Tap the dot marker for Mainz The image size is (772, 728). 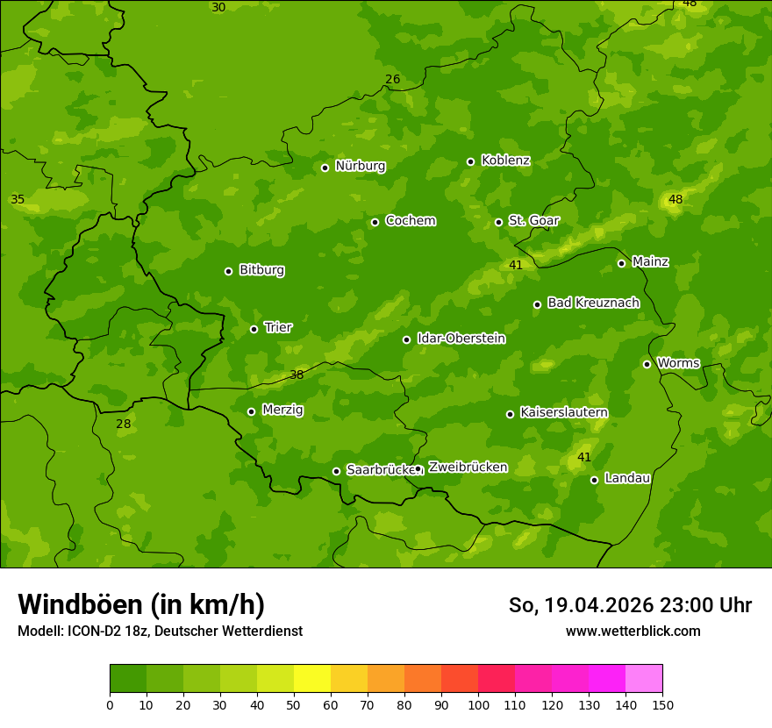[x=621, y=263]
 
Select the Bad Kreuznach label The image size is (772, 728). [x=593, y=303]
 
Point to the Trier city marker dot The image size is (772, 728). [x=254, y=330]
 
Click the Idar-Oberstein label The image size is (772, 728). [x=461, y=339]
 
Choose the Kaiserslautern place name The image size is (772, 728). [x=563, y=412]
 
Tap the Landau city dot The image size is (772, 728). [x=595, y=480]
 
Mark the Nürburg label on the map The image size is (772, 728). [x=360, y=166]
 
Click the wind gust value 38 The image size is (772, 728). [x=297, y=375]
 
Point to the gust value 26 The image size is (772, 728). [x=392, y=80]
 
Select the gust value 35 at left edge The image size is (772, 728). [x=18, y=200]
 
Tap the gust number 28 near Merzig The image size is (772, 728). [x=123, y=424]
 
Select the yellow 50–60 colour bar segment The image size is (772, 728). [x=312, y=679]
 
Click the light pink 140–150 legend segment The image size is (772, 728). [x=644, y=679]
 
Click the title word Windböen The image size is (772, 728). [x=81, y=604]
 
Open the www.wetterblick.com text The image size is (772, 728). [x=633, y=631]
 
